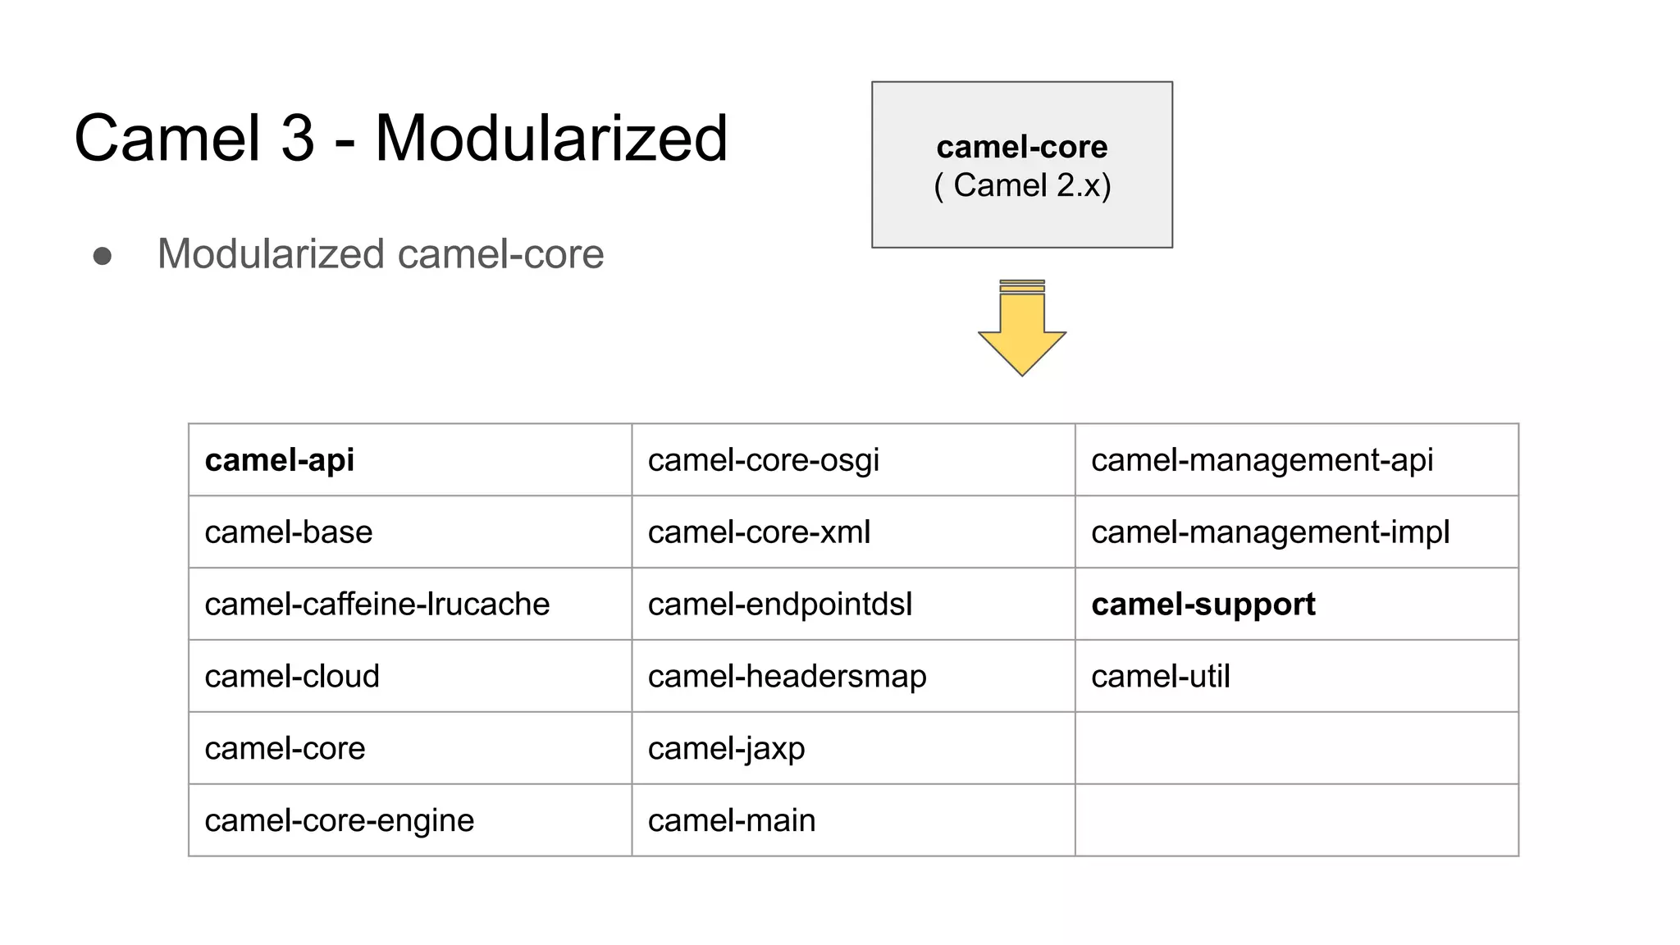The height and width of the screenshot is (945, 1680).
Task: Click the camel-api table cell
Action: (280, 460)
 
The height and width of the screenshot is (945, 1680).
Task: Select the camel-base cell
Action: (289, 532)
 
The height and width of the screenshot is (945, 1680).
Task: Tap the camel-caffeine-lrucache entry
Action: (377, 605)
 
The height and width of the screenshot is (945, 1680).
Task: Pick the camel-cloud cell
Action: (292, 677)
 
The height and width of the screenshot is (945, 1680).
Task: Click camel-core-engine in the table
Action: (339, 820)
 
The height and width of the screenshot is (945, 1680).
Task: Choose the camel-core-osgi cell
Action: (763, 460)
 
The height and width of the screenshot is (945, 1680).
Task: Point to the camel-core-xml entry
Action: (759, 532)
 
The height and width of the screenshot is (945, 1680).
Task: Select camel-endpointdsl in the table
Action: (779, 605)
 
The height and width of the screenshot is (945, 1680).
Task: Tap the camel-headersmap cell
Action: (787, 677)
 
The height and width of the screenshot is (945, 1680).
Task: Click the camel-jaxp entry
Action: (726, 749)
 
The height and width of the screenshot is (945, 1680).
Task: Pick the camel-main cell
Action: (732, 820)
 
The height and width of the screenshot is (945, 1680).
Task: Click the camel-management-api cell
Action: (1262, 460)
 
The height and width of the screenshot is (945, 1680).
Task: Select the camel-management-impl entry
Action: (1270, 532)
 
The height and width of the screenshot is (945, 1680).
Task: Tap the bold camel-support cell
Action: (1203, 605)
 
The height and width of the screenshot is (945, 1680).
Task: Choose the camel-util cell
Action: (1160, 677)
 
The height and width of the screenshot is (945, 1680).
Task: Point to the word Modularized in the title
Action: (551, 138)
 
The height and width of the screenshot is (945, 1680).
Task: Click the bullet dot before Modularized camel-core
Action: (103, 256)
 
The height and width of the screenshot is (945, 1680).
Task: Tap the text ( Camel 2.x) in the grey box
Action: (1022, 185)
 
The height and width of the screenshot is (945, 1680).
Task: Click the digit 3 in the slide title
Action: (298, 138)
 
